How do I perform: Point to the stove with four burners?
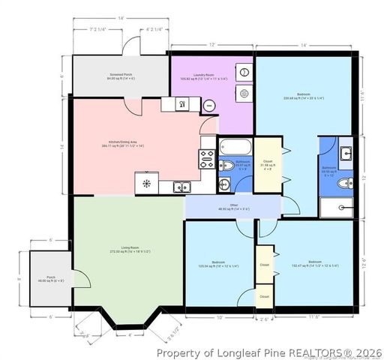[206, 157]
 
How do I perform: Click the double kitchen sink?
[180, 187]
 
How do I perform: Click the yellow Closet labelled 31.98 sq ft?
[267, 164]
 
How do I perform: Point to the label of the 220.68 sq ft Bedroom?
[303, 96]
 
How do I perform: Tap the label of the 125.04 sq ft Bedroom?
[219, 263]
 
